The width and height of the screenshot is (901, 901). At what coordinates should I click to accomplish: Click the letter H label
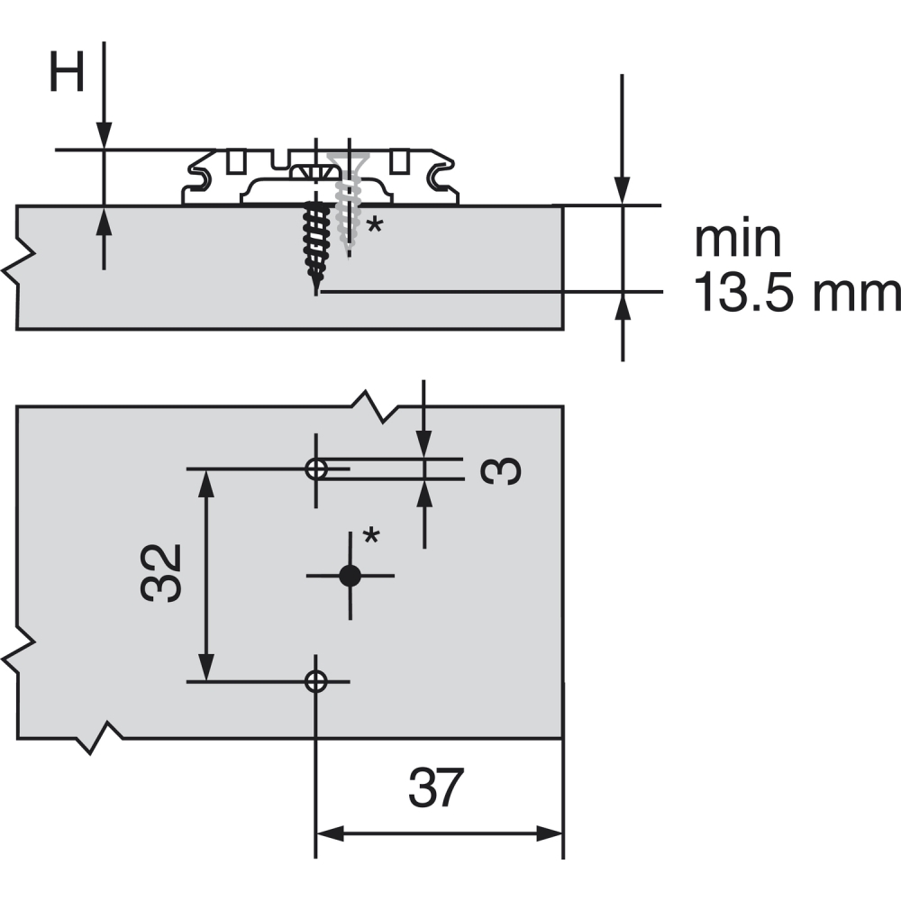coord(68,71)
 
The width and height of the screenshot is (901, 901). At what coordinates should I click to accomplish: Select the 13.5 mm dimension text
coord(797,293)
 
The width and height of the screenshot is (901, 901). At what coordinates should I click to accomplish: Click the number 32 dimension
coord(161,573)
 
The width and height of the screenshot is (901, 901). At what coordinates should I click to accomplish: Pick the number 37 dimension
coord(435,788)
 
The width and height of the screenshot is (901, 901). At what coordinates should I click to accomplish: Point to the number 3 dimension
coord(501,471)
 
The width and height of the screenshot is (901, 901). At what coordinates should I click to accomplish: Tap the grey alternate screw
coord(348,201)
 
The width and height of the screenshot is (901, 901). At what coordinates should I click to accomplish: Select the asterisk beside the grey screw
coord(375,224)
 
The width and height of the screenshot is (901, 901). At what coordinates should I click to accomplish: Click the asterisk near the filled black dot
coord(372,535)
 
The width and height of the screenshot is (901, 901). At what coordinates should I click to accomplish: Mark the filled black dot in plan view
coord(350,575)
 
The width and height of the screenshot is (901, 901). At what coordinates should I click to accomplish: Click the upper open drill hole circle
coord(315,469)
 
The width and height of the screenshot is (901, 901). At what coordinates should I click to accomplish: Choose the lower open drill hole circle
coord(315,681)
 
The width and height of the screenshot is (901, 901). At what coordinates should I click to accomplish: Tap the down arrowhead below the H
coord(104,136)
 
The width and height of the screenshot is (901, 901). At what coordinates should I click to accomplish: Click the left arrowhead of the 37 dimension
coord(330,833)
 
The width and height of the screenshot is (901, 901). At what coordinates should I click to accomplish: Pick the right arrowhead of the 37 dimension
coord(550,833)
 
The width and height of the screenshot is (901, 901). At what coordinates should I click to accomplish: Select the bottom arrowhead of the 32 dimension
coord(206,667)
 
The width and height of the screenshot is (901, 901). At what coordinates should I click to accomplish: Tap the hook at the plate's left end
coord(198,175)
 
